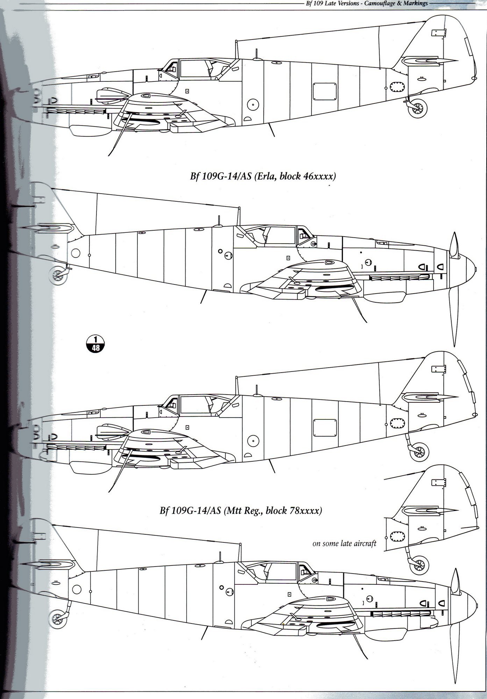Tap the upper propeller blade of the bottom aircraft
456,580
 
